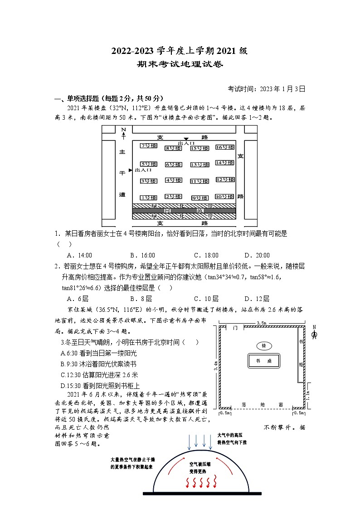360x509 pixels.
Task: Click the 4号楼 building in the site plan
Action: click(173, 180)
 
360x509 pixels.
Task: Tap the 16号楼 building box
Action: click(225, 147)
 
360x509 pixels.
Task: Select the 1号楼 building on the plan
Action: click(148, 197)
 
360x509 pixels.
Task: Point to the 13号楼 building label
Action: click(199, 165)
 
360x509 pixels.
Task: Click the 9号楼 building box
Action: click(199, 198)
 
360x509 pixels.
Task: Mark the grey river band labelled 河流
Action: click(184, 211)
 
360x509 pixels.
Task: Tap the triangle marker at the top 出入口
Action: click(186, 139)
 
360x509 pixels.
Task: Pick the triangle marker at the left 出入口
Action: click(131, 170)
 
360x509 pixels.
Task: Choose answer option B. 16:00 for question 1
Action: click(142, 255)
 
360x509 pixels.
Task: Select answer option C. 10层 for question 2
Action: click(206, 299)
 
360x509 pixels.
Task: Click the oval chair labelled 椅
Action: click(263, 345)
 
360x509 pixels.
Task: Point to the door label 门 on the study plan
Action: click(235, 327)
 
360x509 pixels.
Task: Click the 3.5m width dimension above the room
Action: click(261, 322)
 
